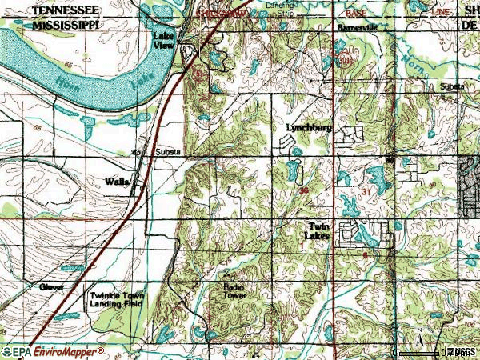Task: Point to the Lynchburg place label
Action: pos(309,128)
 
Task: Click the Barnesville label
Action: pos(357,26)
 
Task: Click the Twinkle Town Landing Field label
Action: pos(118,299)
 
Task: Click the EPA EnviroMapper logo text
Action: pos(53,352)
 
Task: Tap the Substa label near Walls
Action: pos(167,151)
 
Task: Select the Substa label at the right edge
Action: pos(451,86)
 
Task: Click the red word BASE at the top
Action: pos(355,14)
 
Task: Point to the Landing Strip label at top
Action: pos(279,6)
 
